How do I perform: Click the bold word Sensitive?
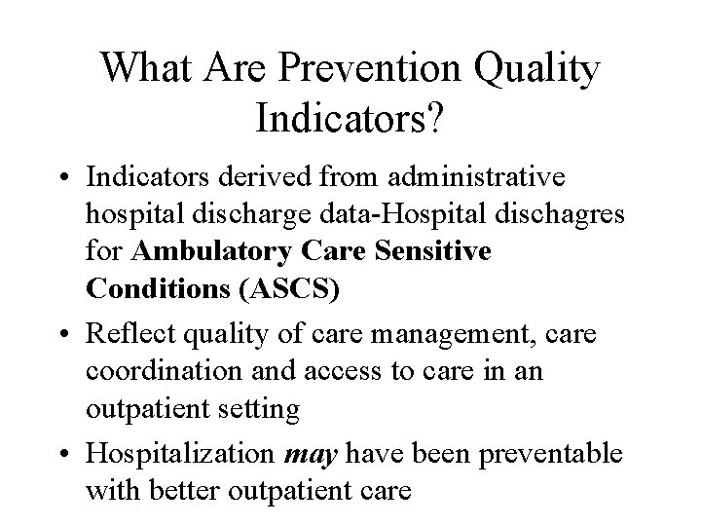434,252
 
